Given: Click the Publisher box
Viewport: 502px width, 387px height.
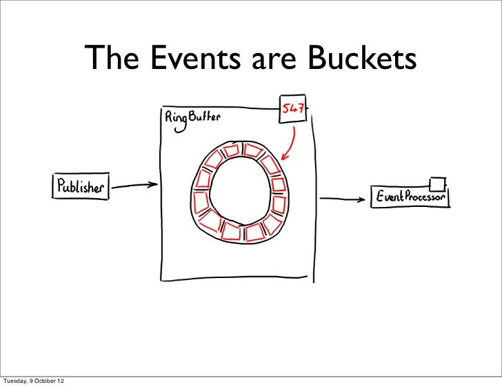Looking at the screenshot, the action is click(x=81, y=186).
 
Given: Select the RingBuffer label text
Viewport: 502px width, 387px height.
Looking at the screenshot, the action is click(x=192, y=119).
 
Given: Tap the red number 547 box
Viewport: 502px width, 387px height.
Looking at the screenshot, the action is click(x=292, y=108).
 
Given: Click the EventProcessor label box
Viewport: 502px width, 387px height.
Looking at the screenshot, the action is click(x=411, y=197).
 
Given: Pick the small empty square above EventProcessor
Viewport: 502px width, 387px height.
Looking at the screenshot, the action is click(x=435, y=183).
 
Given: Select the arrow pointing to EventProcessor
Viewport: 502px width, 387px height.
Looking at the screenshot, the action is click(x=345, y=200).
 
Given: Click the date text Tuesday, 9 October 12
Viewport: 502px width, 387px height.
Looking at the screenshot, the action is click(x=36, y=381).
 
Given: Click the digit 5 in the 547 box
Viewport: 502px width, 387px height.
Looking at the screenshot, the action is click(x=285, y=108).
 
